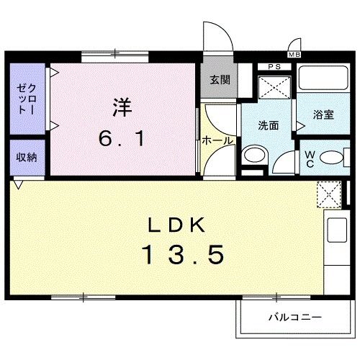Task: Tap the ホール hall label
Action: tap(217, 141)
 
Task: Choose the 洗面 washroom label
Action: tap(269, 125)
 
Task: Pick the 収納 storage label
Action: tap(28, 156)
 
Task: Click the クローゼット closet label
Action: tap(27, 99)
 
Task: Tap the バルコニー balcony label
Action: tap(295, 317)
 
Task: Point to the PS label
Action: tap(273, 68)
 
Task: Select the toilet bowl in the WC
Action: tap(332, 158)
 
